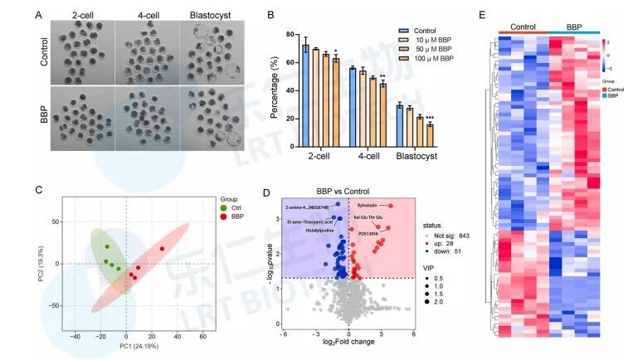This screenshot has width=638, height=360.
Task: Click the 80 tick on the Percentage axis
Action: click(291, 34)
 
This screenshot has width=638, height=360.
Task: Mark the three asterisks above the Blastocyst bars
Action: click(430, 118)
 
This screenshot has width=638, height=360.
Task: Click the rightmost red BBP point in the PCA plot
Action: click(162, 249)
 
